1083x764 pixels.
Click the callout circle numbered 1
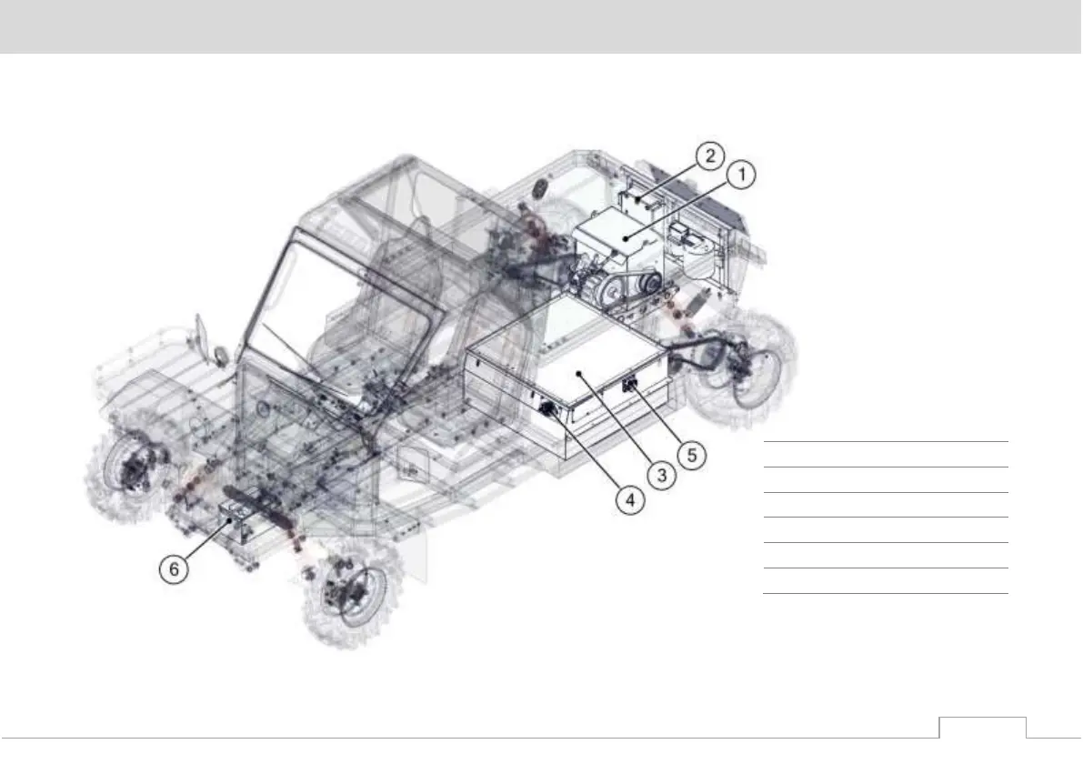tap(742, 175)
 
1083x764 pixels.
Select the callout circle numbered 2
tap(710, 156)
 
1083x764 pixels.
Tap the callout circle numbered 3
tap(662, 475)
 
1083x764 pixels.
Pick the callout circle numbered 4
tap(630, 499)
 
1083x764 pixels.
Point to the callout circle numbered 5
tap(692, 455)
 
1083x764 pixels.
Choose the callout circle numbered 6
tap(174, 568)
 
